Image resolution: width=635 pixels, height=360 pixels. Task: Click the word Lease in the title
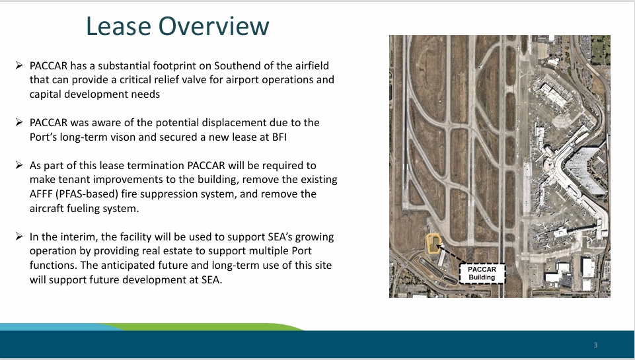(119, 26)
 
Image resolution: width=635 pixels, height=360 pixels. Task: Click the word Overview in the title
(214, 26)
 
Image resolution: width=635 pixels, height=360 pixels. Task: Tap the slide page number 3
(595, 345)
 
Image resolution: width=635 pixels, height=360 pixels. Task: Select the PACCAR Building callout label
(482, 273)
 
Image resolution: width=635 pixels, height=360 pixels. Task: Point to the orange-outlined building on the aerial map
(433, 244)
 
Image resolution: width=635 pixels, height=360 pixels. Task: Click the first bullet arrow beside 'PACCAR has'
(19, 65)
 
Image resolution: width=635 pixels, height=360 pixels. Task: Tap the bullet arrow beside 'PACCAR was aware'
(19, 122)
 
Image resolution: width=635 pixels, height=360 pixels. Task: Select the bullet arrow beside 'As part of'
(19, 165)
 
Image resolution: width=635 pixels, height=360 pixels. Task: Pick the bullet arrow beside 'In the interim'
(19, 236)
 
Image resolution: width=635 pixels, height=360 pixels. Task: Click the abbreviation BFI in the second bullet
(280, 137)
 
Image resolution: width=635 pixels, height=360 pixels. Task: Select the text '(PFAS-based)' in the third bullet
(87, 194)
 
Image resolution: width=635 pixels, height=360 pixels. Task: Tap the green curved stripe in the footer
(202, 327)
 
